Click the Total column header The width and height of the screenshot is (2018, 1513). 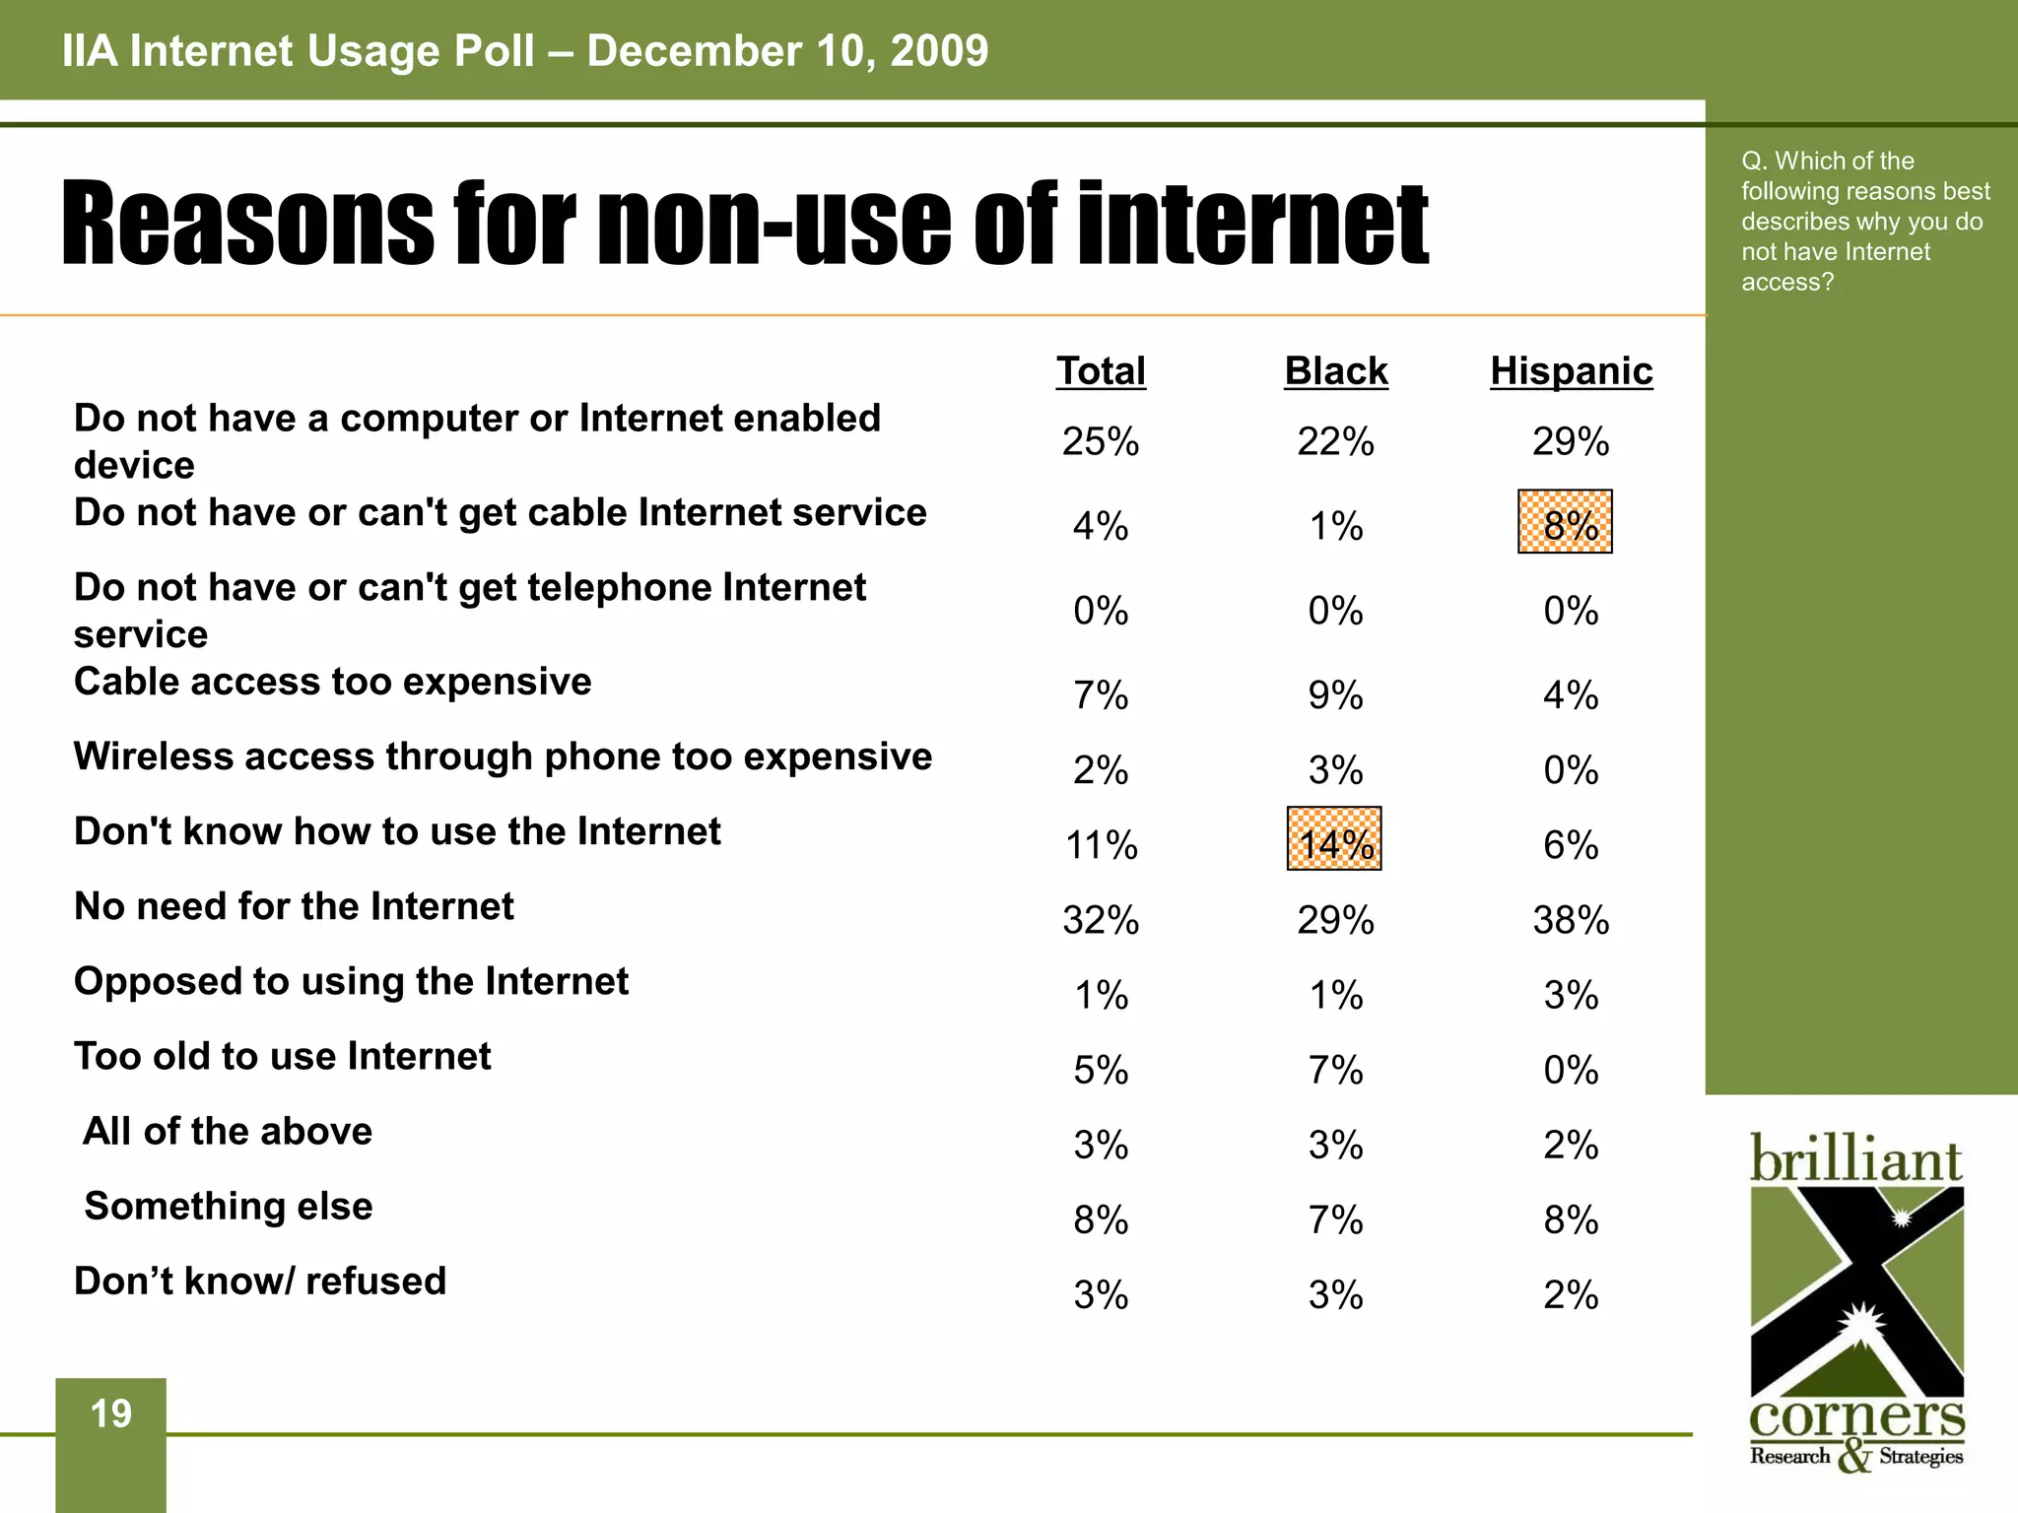[1101, 371]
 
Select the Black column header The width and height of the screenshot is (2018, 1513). [1335, 371]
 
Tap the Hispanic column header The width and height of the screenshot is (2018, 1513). [1571, 371]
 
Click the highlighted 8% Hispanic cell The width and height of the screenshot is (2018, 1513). [1565, 522]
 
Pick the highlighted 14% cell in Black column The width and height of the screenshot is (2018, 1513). [1334, 839]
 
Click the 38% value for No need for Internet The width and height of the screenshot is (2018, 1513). [1571, 920]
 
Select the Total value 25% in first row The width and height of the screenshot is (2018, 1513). [1101, 441]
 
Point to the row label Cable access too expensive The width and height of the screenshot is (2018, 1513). [333, 682]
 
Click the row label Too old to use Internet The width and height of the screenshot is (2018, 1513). [283, 1056]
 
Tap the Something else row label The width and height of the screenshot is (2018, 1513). [229, 1206]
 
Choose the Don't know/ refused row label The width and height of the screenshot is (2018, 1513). [260, 1281]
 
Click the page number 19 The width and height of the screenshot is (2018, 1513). [110, 1414]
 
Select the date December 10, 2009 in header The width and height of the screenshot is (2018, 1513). [787, 51]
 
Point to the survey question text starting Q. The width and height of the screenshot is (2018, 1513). [1862, 221]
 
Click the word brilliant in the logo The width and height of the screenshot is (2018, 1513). [1855, 1159]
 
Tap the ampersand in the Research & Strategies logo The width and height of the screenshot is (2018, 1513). [1854, 1456]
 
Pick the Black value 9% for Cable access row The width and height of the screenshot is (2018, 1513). [1335, 695]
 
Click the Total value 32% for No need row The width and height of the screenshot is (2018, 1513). [1101, 920]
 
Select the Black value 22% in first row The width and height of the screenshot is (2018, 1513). [1335, 441]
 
